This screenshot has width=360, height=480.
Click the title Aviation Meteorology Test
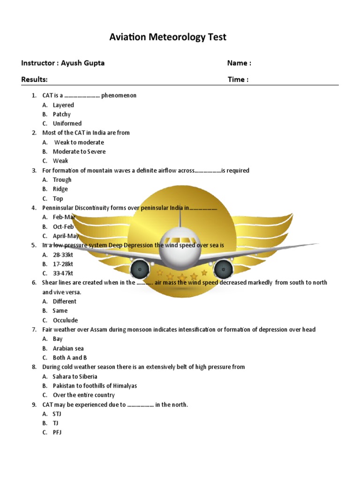tap(168, 37)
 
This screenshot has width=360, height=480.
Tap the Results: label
tap(34, 79)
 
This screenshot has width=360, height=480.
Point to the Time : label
tap(238, 79)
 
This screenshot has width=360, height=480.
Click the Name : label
tap(239, 63)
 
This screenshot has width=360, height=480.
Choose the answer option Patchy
tap(61, 114)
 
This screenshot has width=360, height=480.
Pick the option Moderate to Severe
tap(79, 151)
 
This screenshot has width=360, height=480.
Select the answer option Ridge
tap(60, 189)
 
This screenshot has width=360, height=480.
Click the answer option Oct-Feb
tap(63, 226)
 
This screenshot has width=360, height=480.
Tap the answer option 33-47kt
tap(63, 273)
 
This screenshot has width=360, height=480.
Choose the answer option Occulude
tap(65, 320)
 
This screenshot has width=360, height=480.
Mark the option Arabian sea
tap(68, 348)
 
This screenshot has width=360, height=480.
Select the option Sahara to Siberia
tap(75, 376)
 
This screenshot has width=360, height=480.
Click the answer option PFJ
tap(57, 432)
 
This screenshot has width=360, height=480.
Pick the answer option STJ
tap(57, 414)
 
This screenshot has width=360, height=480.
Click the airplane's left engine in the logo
tap(140, 269)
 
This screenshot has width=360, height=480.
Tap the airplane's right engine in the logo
tap(224, 269)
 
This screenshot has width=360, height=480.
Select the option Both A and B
tap(70, 358)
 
